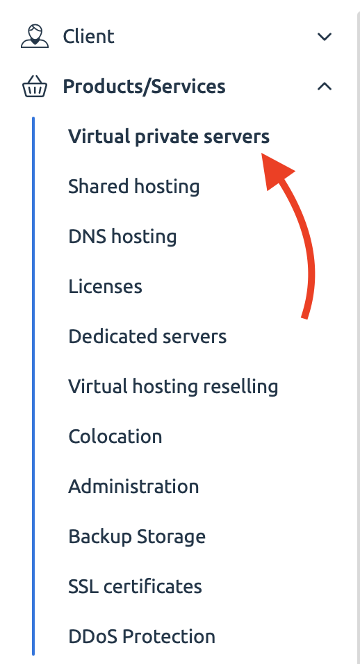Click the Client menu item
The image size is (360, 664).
coord(88,36)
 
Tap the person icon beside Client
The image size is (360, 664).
coord(35,36)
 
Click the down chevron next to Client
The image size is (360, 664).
coord(325,37)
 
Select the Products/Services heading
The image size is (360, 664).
coord(144,86)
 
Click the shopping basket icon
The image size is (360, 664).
coord(35,86)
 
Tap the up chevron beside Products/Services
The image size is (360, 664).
coord(325,86)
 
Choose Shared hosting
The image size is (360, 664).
coord(134,187)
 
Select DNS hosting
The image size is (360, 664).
coord(122,236)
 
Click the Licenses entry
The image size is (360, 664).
coord(106,287)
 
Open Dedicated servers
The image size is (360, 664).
coord(147,337)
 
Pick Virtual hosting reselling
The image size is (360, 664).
coord(173,387)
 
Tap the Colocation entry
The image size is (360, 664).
coord(115,437)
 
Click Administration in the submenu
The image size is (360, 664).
coord(133,487)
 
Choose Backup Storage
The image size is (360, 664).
coord(137,537)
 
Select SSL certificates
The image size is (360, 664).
coord(135,586)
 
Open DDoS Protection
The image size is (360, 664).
coord(142,636)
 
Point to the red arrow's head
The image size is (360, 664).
coord(262,155)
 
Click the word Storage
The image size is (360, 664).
coord(171,537)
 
